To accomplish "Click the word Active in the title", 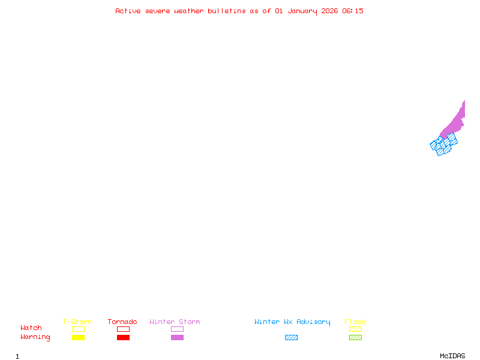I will pos(128,11).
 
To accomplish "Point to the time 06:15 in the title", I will pos(353,11).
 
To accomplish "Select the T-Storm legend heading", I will pos(77,322).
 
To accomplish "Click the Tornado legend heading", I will pos(122,322).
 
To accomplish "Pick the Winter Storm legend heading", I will pos(175,322).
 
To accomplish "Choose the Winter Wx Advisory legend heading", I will pos(292,322).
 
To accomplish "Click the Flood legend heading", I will pos(355,322).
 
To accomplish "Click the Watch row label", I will pos(31,328).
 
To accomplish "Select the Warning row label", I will pos(35,337).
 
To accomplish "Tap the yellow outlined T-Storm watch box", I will pos(78,329).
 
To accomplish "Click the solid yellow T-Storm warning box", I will pos(78,338).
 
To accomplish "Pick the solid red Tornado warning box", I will pos(123,338).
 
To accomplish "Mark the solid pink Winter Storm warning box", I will pos(177,338).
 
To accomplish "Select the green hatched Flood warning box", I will pos(355,338).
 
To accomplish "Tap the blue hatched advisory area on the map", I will pos(444,145).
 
